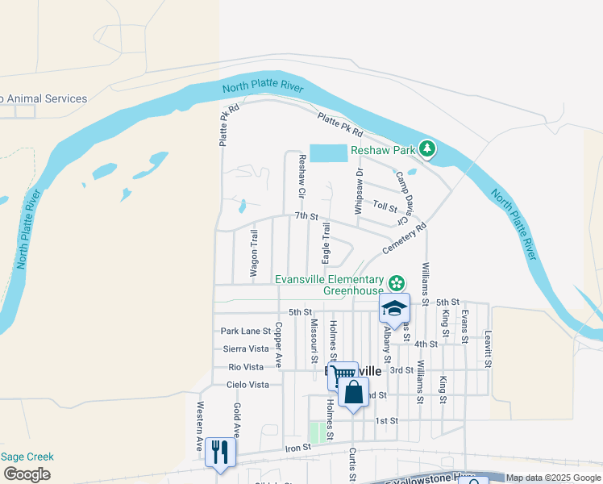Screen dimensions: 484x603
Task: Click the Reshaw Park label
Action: (x=381, y=150)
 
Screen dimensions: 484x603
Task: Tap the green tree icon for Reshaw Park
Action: (x=426, y=149)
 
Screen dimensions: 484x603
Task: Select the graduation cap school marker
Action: (x=394, y=309)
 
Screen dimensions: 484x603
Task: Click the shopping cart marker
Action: (x=343, y=375)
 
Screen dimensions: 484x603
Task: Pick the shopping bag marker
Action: (x=353, y=394)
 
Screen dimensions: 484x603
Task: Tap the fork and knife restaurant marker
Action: (x=220, y=451)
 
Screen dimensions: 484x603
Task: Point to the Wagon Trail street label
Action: (x=253, y=254)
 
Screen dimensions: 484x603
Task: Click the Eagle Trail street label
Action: (x=326, y=243)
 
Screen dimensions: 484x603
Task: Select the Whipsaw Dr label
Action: (x=360, y=185)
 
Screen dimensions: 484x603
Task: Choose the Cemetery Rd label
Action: (x=404, y=240)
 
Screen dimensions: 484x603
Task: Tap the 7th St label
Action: (x=307, y=216)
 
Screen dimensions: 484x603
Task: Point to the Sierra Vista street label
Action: (x=246, y=348)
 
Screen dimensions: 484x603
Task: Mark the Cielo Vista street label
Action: (x=247, y=385)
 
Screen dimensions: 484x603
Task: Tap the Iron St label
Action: (x=297, y=448)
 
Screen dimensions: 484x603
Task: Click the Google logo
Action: (x=27, y=474)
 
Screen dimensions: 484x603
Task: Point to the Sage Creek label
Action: (x=27, y=457)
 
